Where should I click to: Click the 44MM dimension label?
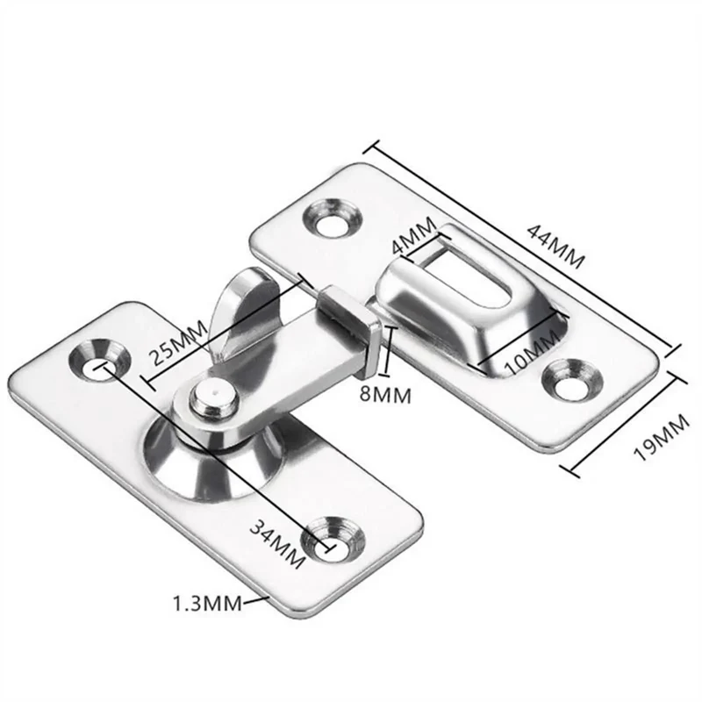(555, 246)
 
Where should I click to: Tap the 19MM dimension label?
(662, 437)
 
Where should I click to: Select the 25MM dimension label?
(178, 342)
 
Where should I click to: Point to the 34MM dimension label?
(277, 544)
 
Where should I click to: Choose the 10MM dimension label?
(533, 354)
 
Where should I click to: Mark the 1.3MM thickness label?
(207, 604)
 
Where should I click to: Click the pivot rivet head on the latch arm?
(213, 397)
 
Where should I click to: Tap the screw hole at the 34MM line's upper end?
(101, 361)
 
